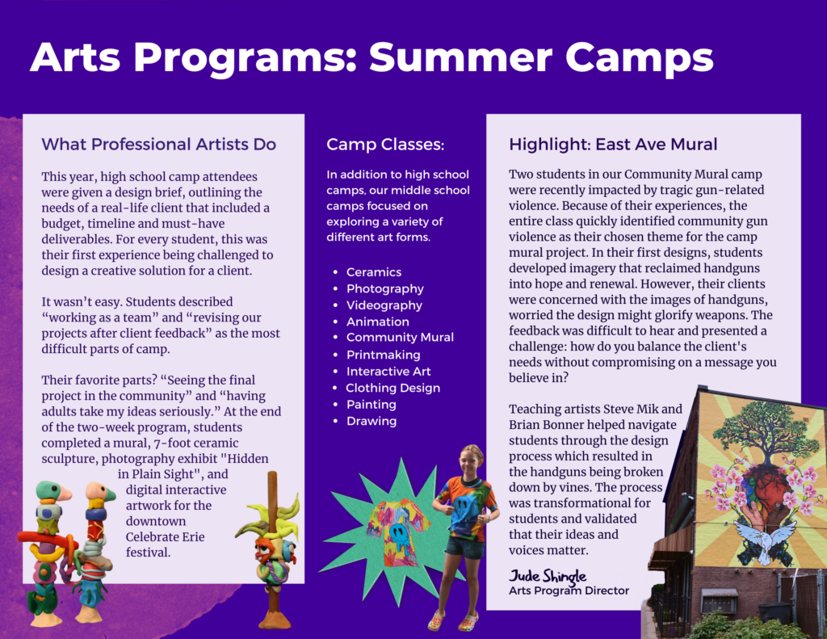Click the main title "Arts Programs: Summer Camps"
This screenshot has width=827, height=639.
(372, 57)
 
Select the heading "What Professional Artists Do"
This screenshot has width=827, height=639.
(159, 144)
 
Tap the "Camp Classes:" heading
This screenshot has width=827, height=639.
(385, 144)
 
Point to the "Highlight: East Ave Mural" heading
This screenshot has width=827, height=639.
(613, 144)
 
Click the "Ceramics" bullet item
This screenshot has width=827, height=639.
(374, 272)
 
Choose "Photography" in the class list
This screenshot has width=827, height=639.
(385, 288)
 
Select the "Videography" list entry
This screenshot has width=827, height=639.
(384, 305)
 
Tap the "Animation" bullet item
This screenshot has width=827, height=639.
(378, 322)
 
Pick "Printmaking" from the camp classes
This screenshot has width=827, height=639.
(384, 355)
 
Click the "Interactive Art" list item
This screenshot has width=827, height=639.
(388, 372)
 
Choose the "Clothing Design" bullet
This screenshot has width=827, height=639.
(393, 388)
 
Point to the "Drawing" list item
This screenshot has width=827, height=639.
(372, 421)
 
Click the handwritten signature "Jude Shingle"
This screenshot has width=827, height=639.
(548, 575)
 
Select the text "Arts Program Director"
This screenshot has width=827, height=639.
(569, 591)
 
